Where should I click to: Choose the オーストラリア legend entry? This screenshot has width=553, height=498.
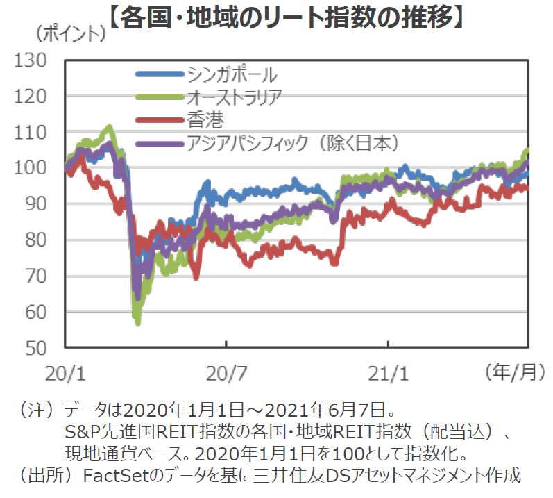[235, 97]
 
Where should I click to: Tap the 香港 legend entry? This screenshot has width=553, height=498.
[205, 120]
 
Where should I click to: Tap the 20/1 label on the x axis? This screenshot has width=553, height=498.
[64, 374]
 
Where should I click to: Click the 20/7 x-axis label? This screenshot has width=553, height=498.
[227, 374]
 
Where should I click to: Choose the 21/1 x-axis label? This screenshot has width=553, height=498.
[389, 374]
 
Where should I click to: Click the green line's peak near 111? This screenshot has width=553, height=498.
[109, 128]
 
